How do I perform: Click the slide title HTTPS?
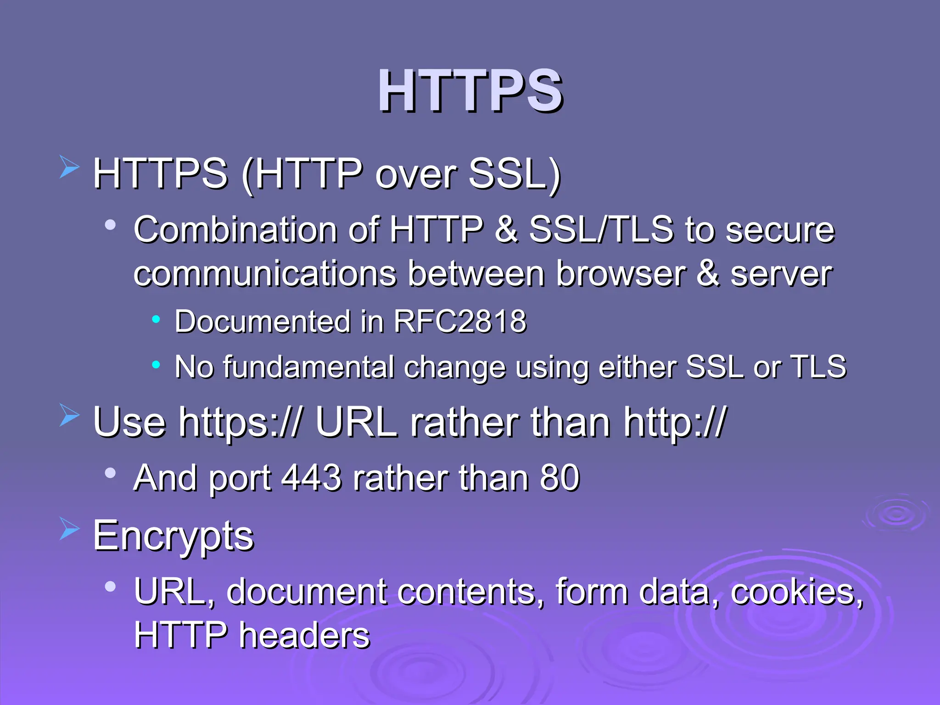click(x=470, y=90)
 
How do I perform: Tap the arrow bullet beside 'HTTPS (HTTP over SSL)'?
click(x=69, y=167)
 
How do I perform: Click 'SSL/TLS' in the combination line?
click(x=601, y=229)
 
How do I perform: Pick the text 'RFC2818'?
click(x=460, y=321)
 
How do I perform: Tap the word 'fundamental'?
click(x=308, y=367)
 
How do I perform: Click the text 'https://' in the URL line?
click(x=240, y=422)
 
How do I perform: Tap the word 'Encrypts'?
click(x=173, y=536)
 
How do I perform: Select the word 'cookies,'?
click(x=797, y=592)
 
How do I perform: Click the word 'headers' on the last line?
click(x=304, y=636)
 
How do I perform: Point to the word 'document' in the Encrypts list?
click(x=306, y=592)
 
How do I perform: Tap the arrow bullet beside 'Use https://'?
click(x=69, y=415)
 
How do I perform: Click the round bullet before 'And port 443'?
click(x=110, y=473)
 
